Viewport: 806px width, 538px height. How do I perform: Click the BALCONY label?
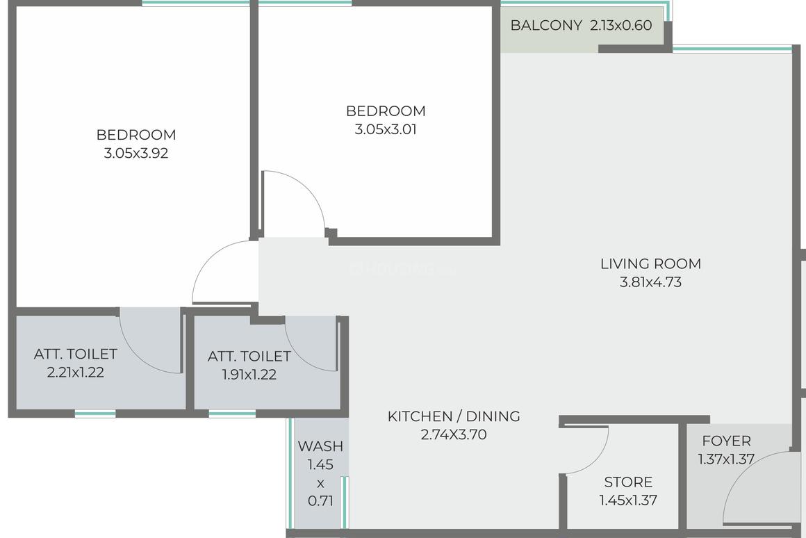coord(546,26)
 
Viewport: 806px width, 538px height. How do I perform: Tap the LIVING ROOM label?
coord(650,264)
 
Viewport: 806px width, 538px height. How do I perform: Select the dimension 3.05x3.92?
coord(136,154)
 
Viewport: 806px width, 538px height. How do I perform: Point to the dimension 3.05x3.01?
coord(386,129)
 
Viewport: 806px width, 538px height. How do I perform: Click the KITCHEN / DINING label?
coord(454,416)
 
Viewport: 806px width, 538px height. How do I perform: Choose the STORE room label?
coord(628,482)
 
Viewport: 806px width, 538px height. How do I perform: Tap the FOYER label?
coord(726,441)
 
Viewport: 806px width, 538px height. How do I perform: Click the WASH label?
coord(320,446)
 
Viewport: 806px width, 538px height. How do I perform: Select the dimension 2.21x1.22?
coord(76,373)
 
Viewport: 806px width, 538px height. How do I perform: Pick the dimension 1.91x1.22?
coord(249,375)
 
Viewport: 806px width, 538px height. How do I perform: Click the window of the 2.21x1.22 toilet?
coord(95,414)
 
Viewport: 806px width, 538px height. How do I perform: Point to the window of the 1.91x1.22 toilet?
coord(232,414)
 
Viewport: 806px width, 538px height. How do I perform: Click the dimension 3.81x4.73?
coord(650,282)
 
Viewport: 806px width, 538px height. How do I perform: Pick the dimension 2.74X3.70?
coord(454,435)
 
